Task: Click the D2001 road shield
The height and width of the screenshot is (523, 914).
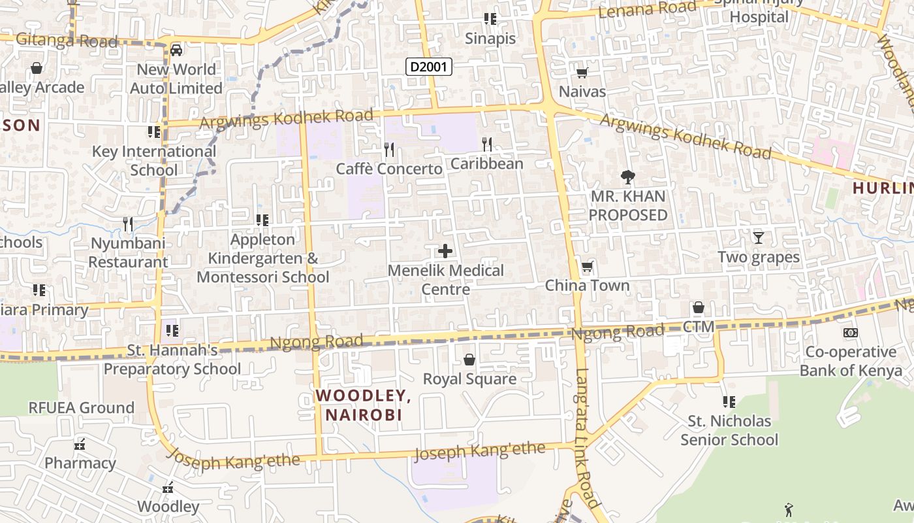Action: tap(428, 66)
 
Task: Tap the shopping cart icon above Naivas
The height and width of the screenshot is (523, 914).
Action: tap(582, 73)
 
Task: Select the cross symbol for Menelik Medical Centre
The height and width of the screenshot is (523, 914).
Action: tap(445, 251)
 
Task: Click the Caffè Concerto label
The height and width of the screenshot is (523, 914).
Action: tap(389, 169)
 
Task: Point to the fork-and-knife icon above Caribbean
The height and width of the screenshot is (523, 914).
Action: tap(486, 144)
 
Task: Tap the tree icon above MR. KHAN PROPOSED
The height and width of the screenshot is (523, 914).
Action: tap(627, 177)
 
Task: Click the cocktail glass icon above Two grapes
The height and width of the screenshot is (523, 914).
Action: tap(758, 237)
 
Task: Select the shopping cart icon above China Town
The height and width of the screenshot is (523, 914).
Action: tap(587, 266)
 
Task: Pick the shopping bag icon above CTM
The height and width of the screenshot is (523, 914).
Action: tap(698, 307)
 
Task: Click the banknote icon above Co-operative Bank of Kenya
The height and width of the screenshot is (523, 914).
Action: tap(850, 333)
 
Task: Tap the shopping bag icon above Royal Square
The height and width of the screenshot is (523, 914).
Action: tap(469, 360)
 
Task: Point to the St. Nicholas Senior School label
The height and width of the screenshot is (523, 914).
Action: tap(729, 430)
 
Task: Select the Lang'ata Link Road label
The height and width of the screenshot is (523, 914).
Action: tap(586, 438)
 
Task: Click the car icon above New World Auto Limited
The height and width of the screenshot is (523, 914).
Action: tap(176, 50)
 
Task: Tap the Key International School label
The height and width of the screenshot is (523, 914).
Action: tap(153, 160)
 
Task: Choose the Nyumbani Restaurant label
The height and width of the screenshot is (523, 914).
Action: tap(129, 252)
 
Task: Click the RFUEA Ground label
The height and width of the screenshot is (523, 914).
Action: tap(81, 407)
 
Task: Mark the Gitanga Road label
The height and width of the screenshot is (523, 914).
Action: tap(67, 41)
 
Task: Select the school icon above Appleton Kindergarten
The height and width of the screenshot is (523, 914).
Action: tap(262, 220)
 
